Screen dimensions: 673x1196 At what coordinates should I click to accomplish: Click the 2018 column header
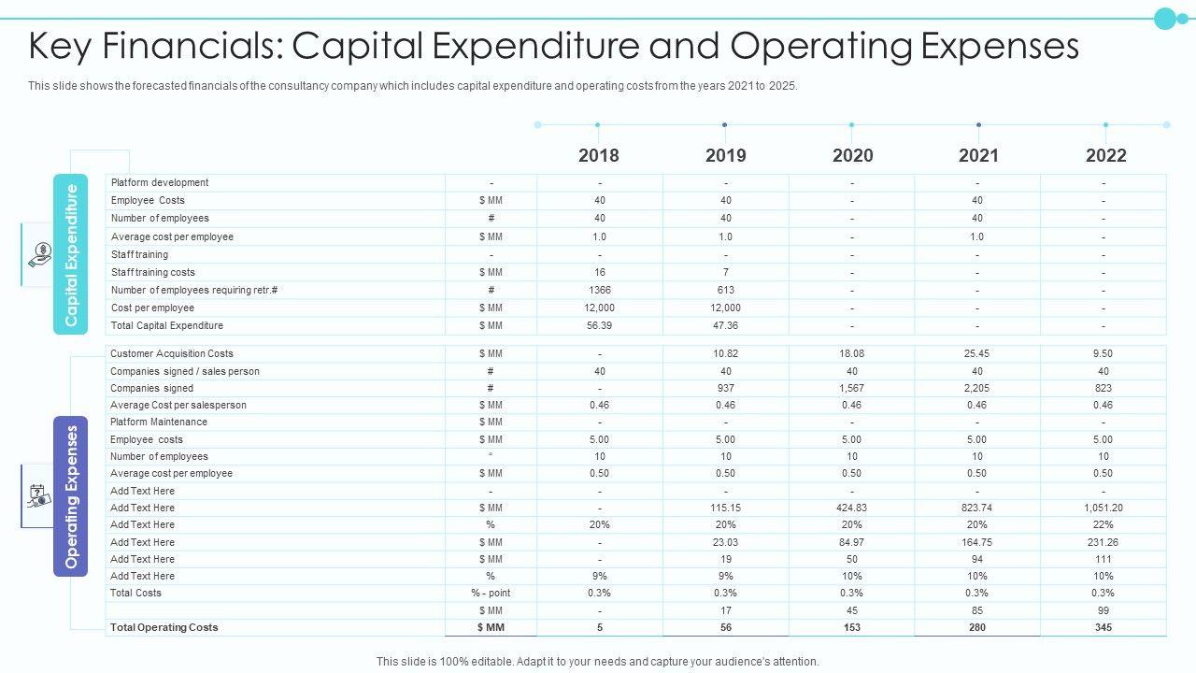[598, 155]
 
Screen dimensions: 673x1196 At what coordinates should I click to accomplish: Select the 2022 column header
[1105, 155]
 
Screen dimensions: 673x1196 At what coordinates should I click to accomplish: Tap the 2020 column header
[852, 155]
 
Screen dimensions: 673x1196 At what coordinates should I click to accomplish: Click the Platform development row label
[160, 182]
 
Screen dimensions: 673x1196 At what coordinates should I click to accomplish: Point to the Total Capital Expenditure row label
[167, 325]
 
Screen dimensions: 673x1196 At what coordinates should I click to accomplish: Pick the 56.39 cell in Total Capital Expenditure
[599, 325]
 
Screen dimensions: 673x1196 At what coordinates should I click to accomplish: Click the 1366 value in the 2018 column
[599, 290]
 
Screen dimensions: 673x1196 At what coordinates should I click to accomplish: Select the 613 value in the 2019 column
[725, 290]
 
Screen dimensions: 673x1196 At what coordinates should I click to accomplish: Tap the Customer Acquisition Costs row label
[172, 353]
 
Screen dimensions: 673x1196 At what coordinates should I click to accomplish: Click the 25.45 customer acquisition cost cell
[976, 353]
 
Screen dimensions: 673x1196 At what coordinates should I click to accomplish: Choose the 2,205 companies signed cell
[976, 388]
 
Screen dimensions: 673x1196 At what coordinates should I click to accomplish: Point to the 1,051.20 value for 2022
[1103, 508]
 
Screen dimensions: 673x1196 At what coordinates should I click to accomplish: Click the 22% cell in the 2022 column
[1103, 524]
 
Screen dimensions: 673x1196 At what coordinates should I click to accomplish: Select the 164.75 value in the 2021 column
[976, 542]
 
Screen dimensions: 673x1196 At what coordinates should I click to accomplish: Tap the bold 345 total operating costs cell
[1103, 627]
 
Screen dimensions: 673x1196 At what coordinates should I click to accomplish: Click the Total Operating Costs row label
[164, 627]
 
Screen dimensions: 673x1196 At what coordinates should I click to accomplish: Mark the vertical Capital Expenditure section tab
[71, 254]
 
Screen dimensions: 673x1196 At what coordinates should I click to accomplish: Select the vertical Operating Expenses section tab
[71, 496]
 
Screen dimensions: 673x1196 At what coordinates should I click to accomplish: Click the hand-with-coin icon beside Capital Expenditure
[40, 254]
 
